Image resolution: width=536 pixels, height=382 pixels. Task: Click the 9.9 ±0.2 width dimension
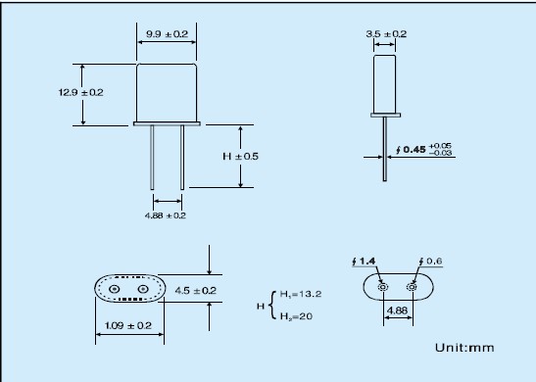click(168, 34)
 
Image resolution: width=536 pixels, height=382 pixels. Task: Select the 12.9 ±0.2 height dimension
click(80, 92)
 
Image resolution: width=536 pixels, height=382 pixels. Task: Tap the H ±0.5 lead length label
click(241, 156)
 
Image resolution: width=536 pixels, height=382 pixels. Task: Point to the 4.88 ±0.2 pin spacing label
click(166, 215)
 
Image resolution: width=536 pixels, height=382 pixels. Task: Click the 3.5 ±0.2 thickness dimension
click(386, 34)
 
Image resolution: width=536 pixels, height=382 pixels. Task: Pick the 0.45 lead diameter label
click(414, 149)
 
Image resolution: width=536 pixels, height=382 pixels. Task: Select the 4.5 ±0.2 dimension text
click(196, 291)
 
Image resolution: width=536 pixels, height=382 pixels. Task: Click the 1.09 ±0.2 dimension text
click(127, 325)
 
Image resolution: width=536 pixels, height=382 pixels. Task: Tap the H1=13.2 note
click(301, 294)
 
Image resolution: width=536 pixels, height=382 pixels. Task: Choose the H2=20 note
click(296, 316)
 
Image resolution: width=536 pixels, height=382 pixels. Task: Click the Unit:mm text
click(464, 348)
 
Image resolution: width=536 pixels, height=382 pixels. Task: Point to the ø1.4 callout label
click(364, 262)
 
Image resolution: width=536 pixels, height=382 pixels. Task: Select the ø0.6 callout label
click(430, 262)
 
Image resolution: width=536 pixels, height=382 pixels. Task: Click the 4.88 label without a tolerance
click(397, 310)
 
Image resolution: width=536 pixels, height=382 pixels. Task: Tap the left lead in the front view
click(152, 157)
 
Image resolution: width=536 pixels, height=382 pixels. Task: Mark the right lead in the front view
click(182, 157)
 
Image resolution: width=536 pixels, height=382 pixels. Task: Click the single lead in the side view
click(385, 149)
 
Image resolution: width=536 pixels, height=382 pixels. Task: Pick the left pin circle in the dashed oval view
click(115, 289)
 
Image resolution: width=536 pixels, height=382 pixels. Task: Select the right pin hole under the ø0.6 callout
click(412, 287)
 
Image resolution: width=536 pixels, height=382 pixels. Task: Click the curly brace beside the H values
click(271, 306)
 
